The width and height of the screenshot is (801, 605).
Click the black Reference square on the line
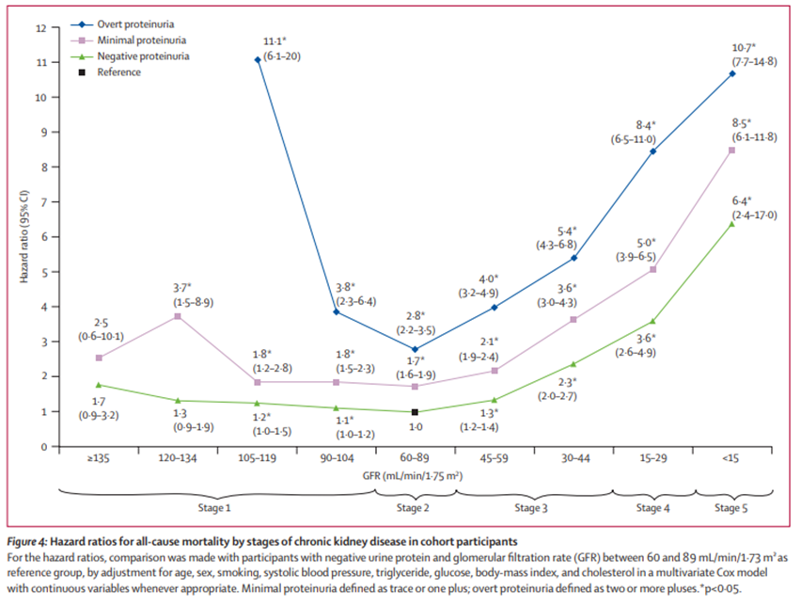[x=415, y=412]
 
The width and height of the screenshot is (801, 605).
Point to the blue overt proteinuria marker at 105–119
[x=258, y=60]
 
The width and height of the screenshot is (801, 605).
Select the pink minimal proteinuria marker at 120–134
[x=178, y=316]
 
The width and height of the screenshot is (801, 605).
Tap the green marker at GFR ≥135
[x=99, y=385]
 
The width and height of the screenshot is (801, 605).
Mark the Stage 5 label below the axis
[x=730, y=508]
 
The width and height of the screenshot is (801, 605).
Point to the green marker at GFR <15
[x=732, y=224]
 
